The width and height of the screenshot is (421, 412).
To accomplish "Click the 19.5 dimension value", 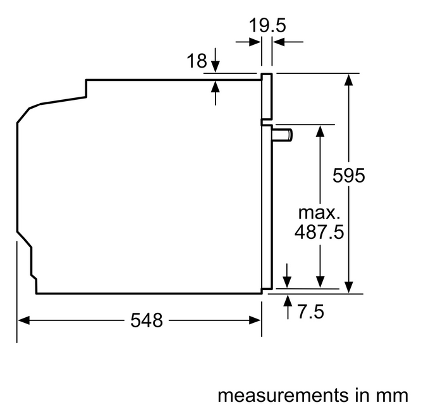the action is pos(267,25).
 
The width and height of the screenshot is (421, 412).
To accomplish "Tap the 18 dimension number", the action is pos(197,61).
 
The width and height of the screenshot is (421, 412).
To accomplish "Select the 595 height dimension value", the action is pos(349,176).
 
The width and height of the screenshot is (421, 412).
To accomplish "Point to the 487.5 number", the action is pos(319,232).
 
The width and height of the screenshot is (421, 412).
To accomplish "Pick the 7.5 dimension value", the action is pos(311,312).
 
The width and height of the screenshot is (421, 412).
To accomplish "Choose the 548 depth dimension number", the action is pos(147,320).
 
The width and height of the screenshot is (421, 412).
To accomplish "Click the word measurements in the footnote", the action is pos(283,396).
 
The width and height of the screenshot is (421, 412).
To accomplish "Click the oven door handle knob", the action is pos(283,135).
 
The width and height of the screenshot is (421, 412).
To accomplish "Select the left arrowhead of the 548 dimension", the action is pos(23,320).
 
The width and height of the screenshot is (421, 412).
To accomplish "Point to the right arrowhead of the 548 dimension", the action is pos(255,320).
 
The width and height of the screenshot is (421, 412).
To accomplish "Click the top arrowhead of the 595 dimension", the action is pos(348,80).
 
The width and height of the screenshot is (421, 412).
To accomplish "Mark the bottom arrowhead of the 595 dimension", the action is pos(348,287).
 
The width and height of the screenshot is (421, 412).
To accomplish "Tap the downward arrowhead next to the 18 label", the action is pos(216,66).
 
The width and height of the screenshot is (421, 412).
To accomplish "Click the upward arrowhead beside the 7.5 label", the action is pos(288,301).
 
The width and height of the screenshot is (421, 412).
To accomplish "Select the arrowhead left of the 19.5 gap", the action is pos(255,42).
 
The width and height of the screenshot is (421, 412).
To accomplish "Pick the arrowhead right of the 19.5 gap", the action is pos(279,42).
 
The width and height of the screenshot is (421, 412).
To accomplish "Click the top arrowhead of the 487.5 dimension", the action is pos(320,131).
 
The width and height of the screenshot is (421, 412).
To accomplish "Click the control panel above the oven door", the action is pos(267,96).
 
